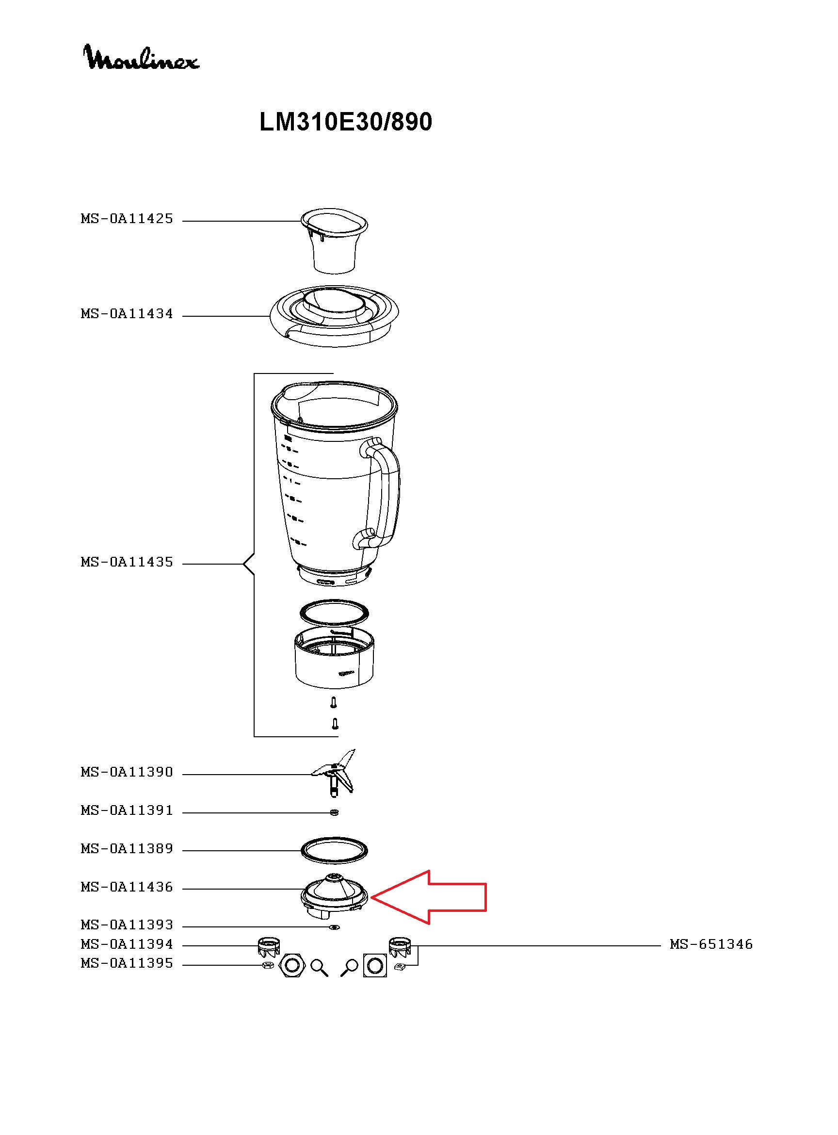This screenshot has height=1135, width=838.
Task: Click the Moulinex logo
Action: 141,57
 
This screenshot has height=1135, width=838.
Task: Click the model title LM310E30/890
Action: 345,122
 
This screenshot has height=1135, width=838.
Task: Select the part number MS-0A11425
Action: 127,219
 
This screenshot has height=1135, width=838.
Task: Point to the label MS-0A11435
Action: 127,562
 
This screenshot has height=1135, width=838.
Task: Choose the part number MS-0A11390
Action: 127,772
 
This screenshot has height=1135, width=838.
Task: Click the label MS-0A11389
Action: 127,849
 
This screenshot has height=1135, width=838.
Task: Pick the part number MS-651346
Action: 711,944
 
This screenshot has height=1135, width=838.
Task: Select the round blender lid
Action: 334,316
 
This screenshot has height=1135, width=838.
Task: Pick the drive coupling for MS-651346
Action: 400,945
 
